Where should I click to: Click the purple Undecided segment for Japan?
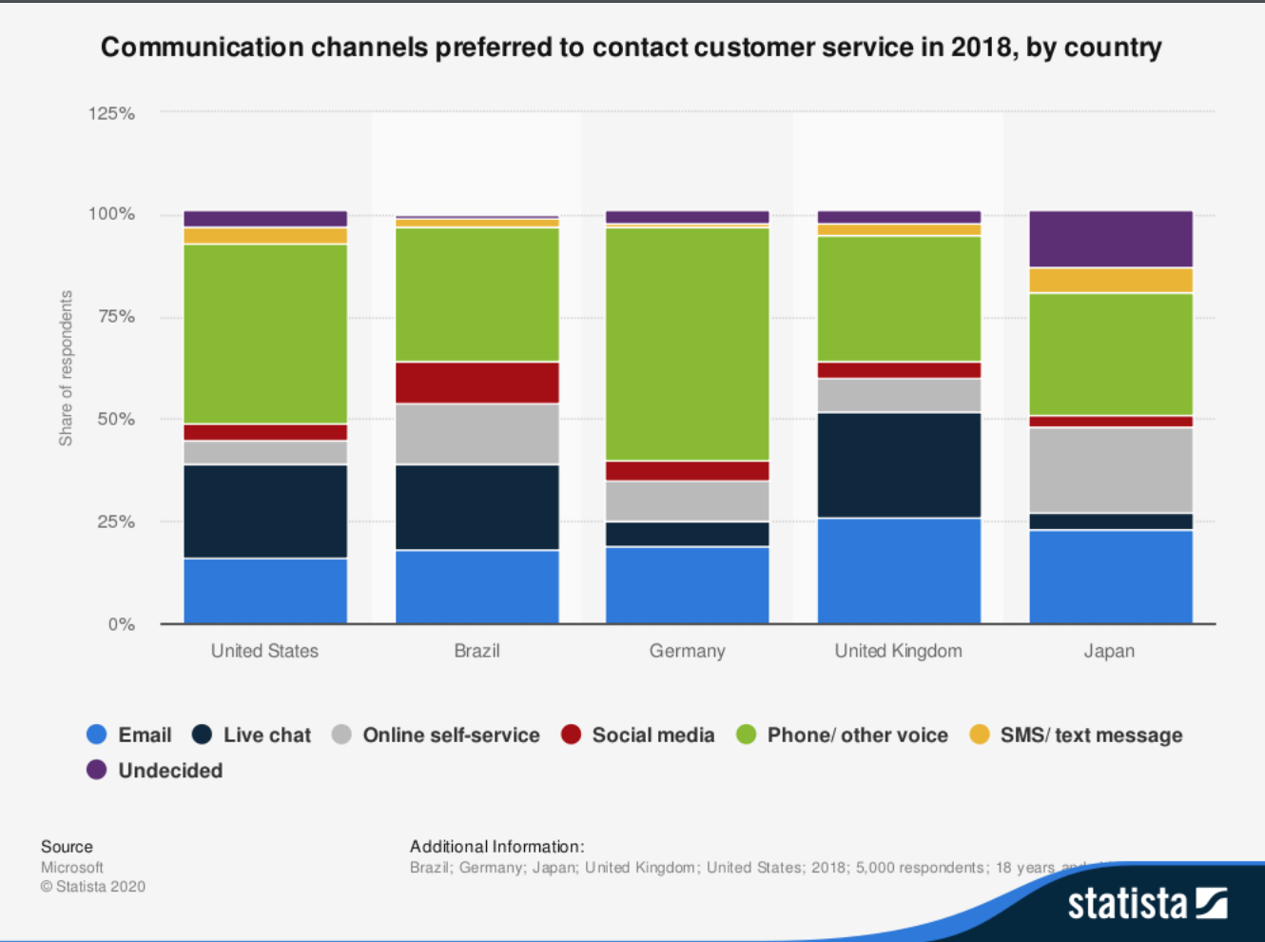pyautogui.click(x=1110, y=239)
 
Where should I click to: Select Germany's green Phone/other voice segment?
pyautogui.click(x=688, y=343)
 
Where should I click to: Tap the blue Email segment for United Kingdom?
pyautogui.click(x=899, y=570)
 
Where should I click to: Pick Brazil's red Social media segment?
pyautogui.click(x=477, y=383)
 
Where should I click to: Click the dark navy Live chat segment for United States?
pyautogui.click(x=265, y=511)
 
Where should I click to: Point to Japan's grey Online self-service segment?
pyautogui.click(x=1110, y=470)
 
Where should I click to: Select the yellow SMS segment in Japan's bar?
pyautogui.click(x=1110, y=280)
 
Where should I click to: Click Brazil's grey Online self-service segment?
pyautogui.click(x=477, y=434)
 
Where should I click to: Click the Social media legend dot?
pyautogui.click(x=571, y=735)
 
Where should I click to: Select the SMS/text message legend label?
pyautogui.click(x=1091, y=735)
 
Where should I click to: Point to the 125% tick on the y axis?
pyautogui.click(x=111, y=113)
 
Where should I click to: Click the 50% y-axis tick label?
pyautogui.click(x=116, y=419)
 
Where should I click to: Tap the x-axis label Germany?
pyautogui.click(x=687, y=651)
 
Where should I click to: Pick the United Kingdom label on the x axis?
pyautogui.click(x=898, y=651)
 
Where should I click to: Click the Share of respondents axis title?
pyautogui.click(x=66, y=368)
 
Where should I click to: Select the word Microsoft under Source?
pyautogui.click(x=72, y=867)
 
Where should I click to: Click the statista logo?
pyautogui.click(x=1146, y=902)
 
